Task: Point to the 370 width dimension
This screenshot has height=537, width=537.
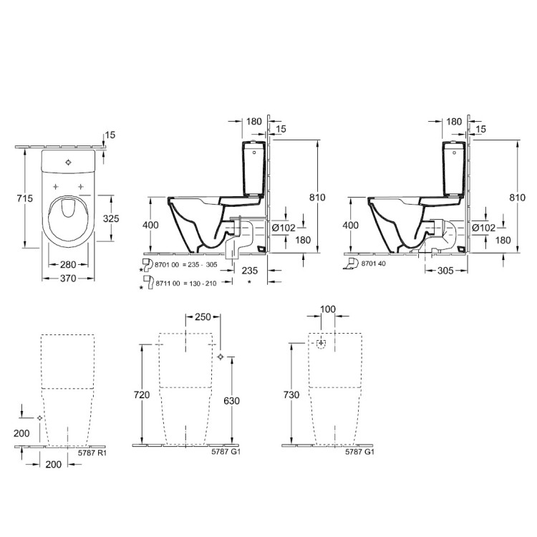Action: tap(69, 277)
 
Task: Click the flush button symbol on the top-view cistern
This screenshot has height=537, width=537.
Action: tap(68, 163)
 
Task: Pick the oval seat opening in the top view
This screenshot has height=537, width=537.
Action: tap(69, 208)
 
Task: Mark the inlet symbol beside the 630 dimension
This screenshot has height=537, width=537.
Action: tap(221, 357)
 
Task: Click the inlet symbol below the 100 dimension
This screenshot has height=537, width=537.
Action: tap(321, 344)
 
